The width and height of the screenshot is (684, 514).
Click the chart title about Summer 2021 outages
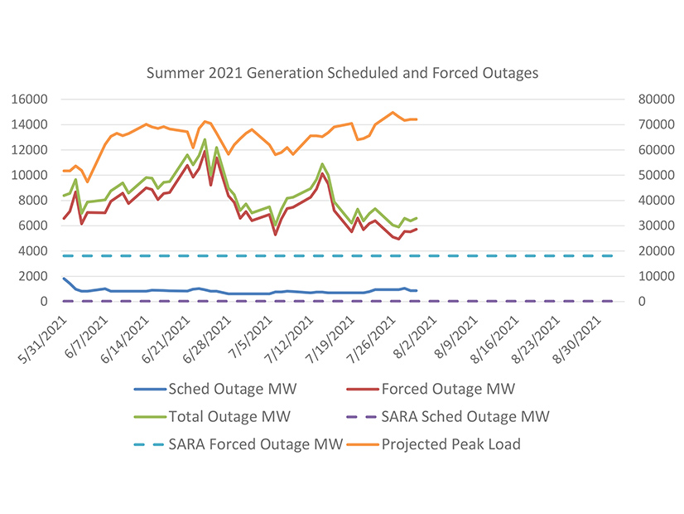(x=342, y=73)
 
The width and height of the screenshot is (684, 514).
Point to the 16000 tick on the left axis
(x=29, y=99)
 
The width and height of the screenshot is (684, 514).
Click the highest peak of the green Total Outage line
(x=205, y=139)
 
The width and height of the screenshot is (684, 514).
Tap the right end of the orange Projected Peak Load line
(x=417, y=119)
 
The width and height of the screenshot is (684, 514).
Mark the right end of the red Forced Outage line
(x=417, y=229)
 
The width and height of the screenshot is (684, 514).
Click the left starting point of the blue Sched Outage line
(x=63, y=278)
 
